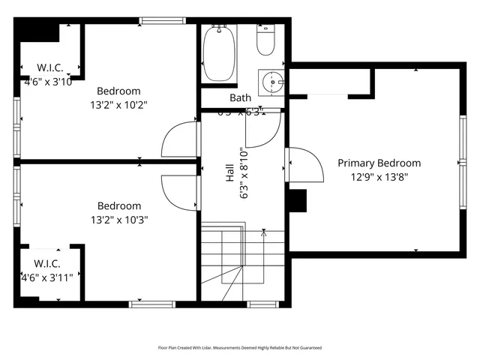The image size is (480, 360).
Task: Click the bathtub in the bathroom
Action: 219,53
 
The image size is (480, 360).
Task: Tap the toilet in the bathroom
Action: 267,41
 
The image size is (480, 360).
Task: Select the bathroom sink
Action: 271,80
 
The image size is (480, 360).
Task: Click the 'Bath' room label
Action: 240,98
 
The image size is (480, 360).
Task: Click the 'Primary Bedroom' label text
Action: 379,163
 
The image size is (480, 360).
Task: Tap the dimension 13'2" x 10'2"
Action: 118,105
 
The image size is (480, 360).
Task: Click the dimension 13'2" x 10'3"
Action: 118,220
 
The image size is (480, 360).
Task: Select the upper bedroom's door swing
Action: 179,139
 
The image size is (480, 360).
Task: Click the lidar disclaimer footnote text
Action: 239,348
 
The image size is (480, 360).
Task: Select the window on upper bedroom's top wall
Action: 162,20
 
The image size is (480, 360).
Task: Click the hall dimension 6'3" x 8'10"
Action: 243,173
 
